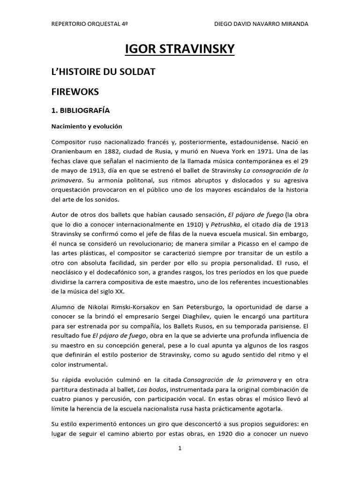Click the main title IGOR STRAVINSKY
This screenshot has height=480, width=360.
[x=180, y=49]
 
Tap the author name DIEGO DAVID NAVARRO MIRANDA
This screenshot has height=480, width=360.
[x=261, y=24]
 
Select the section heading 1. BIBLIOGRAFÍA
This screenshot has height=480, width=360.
[x=80, y=111]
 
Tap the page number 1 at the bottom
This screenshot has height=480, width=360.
[x=180, y=448]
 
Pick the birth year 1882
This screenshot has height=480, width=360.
[x=118, y=151]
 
